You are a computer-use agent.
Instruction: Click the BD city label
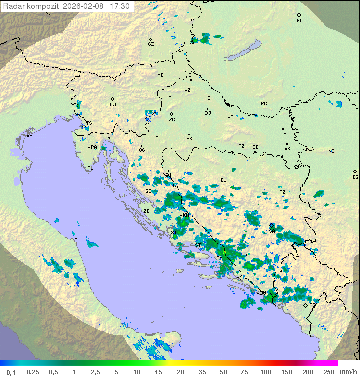[299, 21]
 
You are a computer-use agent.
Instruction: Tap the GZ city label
[151, 44]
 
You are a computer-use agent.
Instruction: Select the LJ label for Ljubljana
[113, 105]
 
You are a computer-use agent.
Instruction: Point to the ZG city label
[172, 120]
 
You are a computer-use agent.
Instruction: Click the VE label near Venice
[29, 136]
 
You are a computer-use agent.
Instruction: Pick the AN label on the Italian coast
[77, 240]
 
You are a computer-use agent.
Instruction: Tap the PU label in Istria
[90, 168]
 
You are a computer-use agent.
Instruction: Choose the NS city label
[331, 151]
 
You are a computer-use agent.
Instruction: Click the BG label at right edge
[355, 177]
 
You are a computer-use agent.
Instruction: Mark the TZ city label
[282, 192]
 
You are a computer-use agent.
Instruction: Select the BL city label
[223, 180]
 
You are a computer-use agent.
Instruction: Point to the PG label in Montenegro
[312, 305]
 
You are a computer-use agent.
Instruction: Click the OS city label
[283, 134]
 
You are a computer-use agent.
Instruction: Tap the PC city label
[264, 104]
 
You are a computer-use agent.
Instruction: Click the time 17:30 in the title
[119, 6]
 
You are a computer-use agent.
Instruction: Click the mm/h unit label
[347, 372]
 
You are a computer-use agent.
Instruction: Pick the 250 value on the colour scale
[329, 372]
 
